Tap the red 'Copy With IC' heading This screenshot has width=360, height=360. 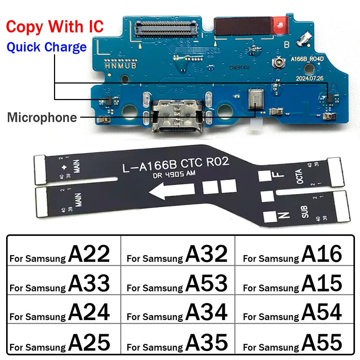click(55, 27)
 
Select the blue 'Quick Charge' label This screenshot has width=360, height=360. click(47, 47)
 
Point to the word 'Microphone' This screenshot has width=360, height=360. click(42, 118)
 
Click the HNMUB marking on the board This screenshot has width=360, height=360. click(121, 66)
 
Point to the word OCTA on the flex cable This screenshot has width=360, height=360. click(300, 176)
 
